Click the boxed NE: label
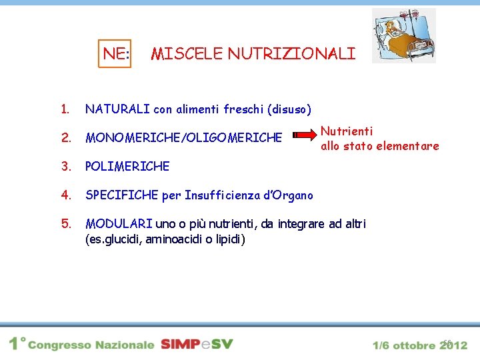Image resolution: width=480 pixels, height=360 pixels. (x=116, y=53)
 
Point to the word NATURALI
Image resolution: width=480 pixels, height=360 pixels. (x=117, y=108)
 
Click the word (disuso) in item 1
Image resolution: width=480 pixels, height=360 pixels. (x=289, y=108)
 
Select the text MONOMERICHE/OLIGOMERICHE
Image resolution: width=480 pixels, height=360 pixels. (x=184, y=138)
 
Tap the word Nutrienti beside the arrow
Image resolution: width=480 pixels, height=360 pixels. (x=347, y=131)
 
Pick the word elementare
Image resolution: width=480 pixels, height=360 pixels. (x=409, y=145)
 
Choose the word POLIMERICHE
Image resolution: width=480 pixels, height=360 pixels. (x=127, y=166)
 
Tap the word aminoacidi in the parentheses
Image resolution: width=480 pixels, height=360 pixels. (x=175, y=239)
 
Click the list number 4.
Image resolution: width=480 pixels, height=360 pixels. (x=65, y=195)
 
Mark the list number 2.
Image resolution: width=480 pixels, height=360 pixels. (x=65, y=138)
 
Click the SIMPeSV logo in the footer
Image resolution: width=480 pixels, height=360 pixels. (x=197, y=344)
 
